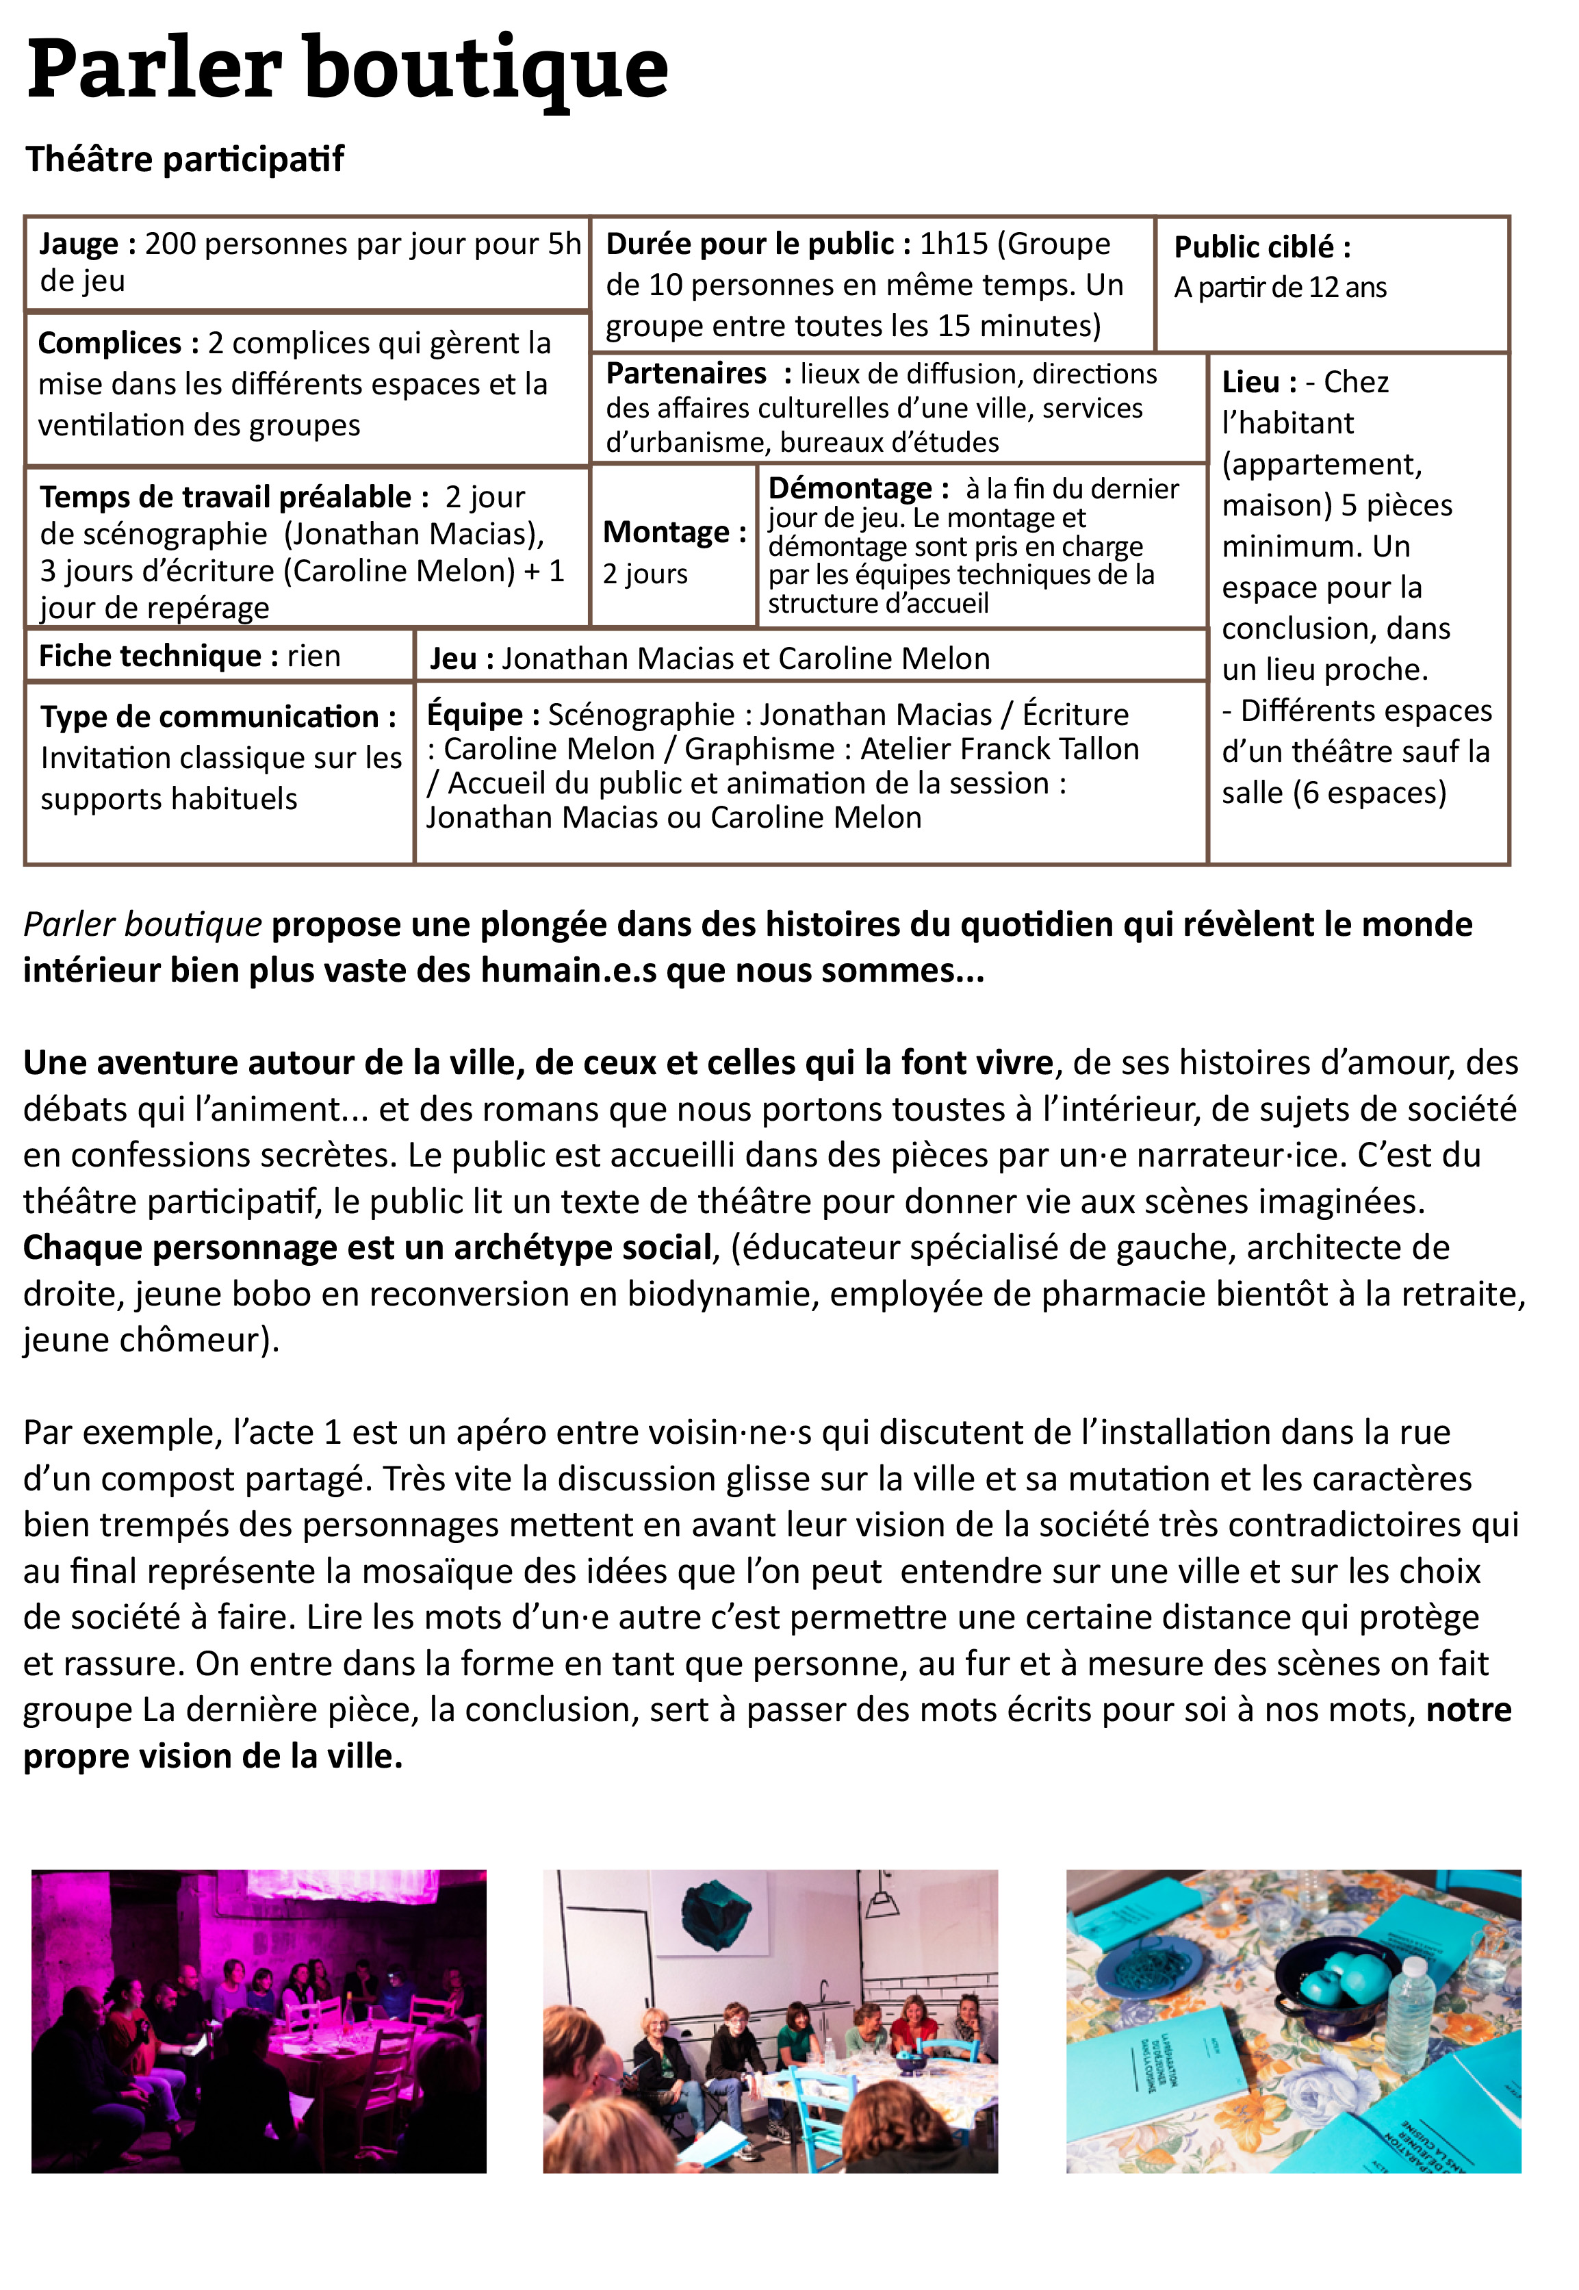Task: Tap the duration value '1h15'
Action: point(953,244)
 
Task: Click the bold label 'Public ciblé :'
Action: point(1261,246)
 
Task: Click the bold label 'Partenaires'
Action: point(686,373)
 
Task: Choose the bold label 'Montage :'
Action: point(673,533)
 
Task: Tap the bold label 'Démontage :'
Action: point(858,489)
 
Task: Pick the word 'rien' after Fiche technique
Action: point(313,656)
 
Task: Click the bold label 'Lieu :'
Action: point(1259,382)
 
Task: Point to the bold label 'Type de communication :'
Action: point(218,717)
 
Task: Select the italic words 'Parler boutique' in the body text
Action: point(142,924)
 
